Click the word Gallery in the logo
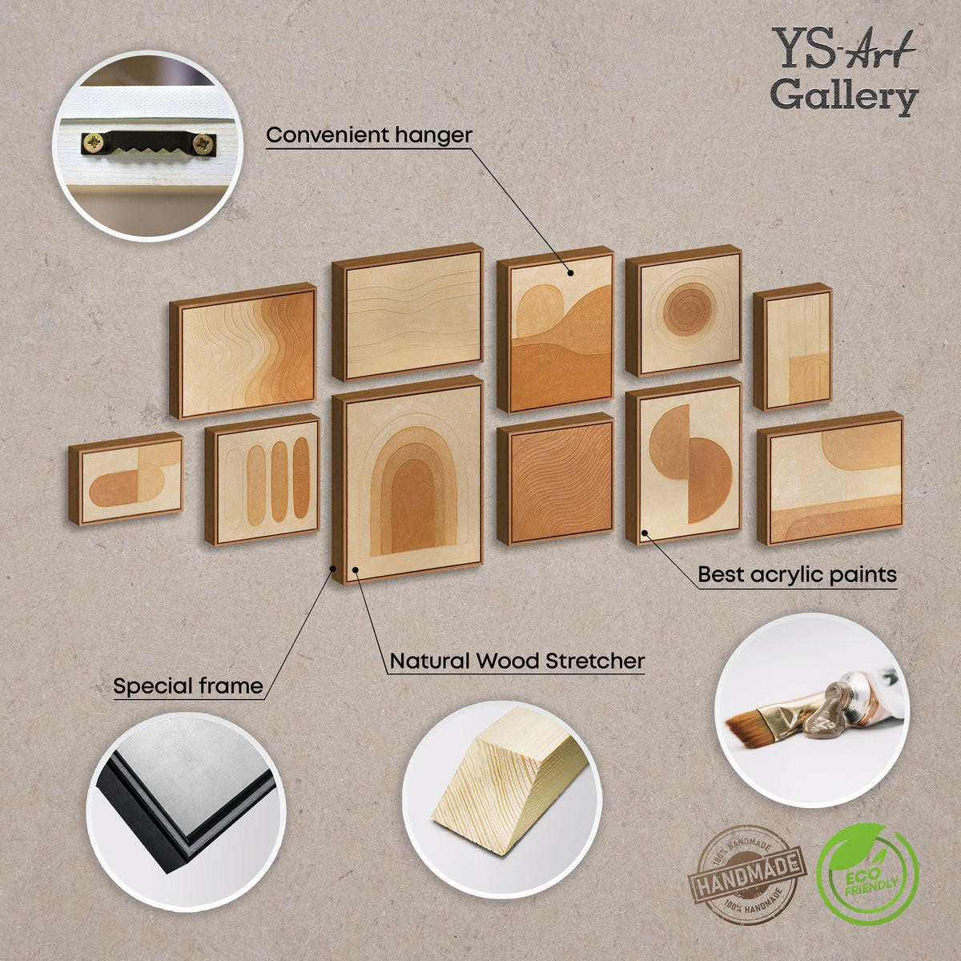point(844,96)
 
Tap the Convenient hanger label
point(369,135)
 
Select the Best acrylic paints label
point(797,574)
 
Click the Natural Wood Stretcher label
point(517,661)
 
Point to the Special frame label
point(188,686)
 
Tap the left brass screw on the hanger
point(93,143)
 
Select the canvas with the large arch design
point(408,479)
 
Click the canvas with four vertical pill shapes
point(263,479)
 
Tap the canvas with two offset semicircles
point(684,460)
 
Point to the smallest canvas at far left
point(126,478)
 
